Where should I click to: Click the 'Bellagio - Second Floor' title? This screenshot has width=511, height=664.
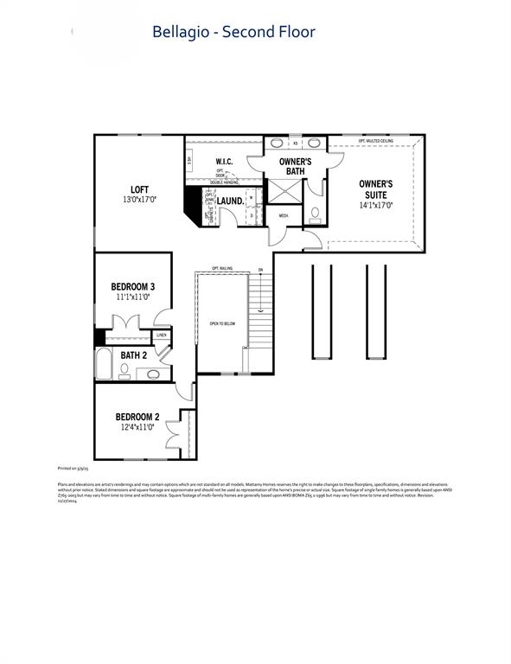tap(233, 32)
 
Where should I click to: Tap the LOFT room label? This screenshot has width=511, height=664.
tap(139, 189)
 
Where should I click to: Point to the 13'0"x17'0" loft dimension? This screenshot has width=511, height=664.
tap(139, 200)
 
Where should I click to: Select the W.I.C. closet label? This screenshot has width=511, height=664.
tap(224, 162)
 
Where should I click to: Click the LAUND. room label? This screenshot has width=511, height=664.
tap(230, 201)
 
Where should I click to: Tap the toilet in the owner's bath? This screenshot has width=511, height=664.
tap(315, 213)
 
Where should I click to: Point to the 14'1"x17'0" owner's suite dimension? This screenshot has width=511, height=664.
tap(376, 205)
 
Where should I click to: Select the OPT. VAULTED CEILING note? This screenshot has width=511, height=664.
tap(375, 140)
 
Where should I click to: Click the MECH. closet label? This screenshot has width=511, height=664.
tap(283, 215)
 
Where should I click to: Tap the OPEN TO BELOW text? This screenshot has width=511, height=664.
tap(223, 324)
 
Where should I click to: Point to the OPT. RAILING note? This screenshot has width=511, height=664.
tap(222, 269)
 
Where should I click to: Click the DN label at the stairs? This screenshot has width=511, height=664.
tap(260, 270)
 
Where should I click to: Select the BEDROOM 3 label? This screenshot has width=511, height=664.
tap(132, 286)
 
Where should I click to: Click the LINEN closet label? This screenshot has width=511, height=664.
tap(162, 335)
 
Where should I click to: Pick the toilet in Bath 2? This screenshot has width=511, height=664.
tap(125, 368)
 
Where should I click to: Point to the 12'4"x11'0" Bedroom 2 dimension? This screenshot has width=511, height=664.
tap(137, 427)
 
